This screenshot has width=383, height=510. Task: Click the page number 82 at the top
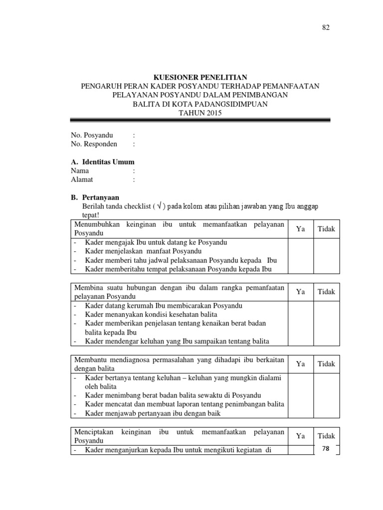click(325, 28)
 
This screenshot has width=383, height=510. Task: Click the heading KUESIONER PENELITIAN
click(200, 77)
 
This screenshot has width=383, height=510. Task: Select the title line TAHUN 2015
click(200, 113)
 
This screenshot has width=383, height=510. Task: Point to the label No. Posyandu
click(92, 135)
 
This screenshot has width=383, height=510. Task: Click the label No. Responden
click(94, 144)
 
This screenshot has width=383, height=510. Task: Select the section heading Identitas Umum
click(107, 162)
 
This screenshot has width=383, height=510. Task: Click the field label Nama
click(80, 171)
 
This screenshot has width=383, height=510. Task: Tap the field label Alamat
click(82, 180)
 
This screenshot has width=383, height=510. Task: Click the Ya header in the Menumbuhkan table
click(300, 229)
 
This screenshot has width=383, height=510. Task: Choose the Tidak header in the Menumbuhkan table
click(327, 229)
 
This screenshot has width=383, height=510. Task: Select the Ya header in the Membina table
click(300, 292)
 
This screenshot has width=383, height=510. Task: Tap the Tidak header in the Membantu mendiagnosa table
click(327, 364)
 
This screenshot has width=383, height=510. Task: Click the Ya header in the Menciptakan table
click(300, 436)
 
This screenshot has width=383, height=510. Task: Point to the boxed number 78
click(326, 449)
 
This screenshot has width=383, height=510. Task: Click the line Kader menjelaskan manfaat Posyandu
click(143, 251)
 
